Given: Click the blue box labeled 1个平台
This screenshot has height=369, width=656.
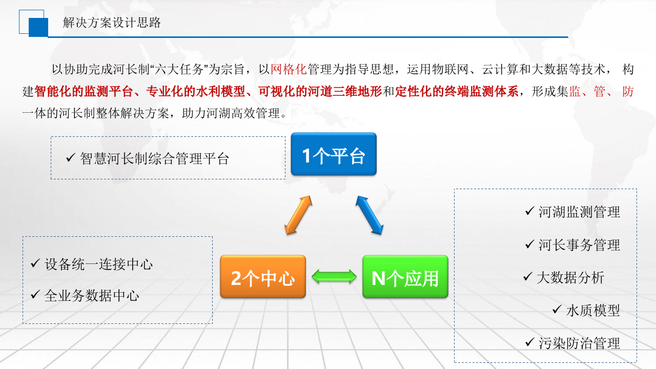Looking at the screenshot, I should (334, 154).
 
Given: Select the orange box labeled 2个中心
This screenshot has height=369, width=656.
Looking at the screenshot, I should (263, 277).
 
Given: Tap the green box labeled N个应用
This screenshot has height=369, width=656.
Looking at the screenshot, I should (405, 277).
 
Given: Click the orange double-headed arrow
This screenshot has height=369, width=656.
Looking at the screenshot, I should (298, 215).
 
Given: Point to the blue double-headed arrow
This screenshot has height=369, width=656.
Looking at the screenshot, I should (369, 215).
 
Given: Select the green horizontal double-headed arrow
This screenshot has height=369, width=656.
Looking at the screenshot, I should (334, 277).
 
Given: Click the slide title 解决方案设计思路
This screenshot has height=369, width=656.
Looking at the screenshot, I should (112, 23).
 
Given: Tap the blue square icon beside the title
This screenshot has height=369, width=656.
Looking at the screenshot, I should (38, 27).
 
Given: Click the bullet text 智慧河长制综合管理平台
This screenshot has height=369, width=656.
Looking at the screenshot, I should (154, 158).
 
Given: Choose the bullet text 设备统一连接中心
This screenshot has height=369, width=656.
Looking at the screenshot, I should (98, 264).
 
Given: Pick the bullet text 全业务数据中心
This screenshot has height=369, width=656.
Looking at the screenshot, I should (92, 296).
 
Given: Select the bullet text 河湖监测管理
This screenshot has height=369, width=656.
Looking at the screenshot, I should (579, 212).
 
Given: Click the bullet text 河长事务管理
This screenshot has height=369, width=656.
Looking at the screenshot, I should (579, 245).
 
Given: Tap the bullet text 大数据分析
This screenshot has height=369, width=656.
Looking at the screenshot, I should (570, 278).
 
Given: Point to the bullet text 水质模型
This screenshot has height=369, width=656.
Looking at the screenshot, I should (593, 311).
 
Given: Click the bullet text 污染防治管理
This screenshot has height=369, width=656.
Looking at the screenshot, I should (579, 343).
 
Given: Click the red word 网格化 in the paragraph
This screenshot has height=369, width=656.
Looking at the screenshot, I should (288, 69).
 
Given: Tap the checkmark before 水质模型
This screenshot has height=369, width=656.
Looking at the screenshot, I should (557, 310).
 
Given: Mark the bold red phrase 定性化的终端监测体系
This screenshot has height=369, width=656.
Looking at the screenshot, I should (457, 92).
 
